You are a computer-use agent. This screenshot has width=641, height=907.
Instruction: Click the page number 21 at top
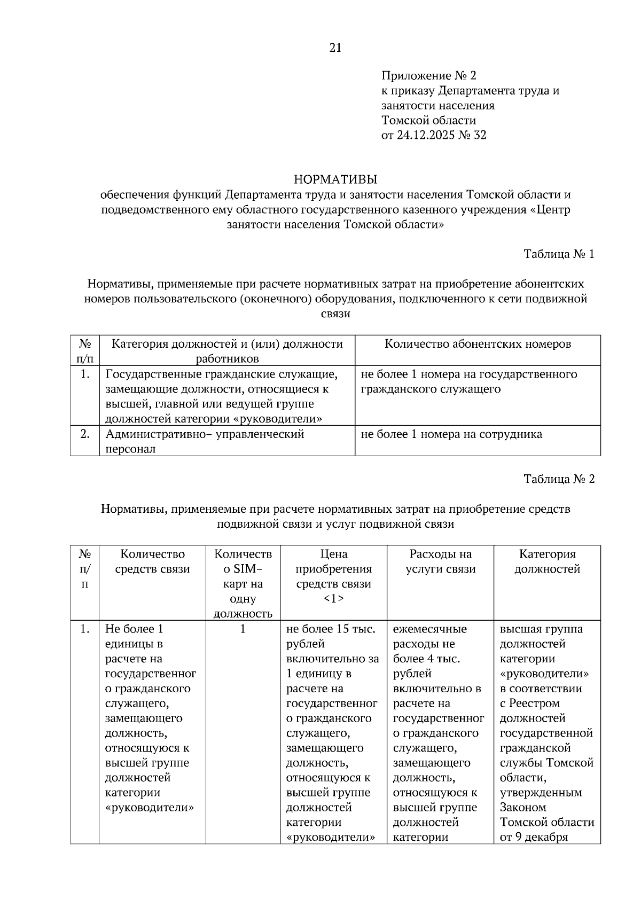tap(335, 48)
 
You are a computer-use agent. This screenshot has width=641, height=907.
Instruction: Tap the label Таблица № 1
tap(559, 254)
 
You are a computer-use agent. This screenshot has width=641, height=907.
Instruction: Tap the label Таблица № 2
tap(559, 479)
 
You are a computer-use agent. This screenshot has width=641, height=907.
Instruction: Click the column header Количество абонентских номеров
tap(478, 344)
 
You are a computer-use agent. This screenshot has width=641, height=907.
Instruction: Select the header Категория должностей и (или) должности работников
tap(227, 351)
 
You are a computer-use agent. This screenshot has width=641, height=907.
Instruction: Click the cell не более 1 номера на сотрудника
tap(451, 434)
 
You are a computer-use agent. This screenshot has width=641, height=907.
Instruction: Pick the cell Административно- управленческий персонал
tap(205, 441)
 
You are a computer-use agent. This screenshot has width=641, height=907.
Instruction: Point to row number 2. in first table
tap(84, 434)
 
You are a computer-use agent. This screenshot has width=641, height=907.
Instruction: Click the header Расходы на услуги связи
tap(440, 561)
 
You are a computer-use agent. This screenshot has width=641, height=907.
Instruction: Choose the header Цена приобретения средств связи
tap(334, 569)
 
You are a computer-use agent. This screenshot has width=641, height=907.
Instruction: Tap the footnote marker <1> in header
tap(334, 599)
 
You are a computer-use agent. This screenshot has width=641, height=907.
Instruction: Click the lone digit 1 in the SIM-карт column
tap(243, 629)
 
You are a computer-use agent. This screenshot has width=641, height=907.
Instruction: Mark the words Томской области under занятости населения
tap(428, 120)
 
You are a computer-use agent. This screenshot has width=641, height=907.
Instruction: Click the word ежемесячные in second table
tap(430, 629)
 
